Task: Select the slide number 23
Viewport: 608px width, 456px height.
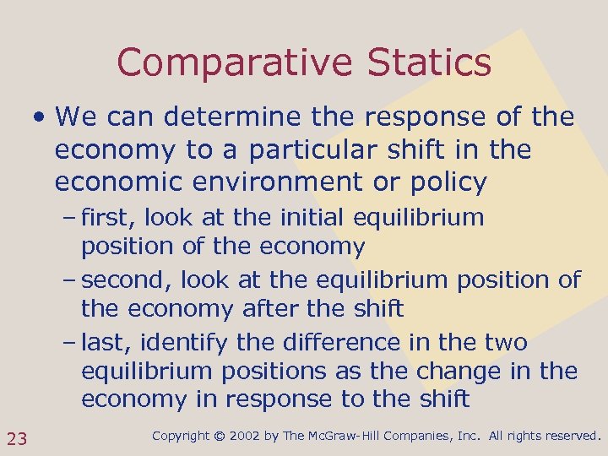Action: [17, 437]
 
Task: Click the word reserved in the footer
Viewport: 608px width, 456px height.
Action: [572, 437]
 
